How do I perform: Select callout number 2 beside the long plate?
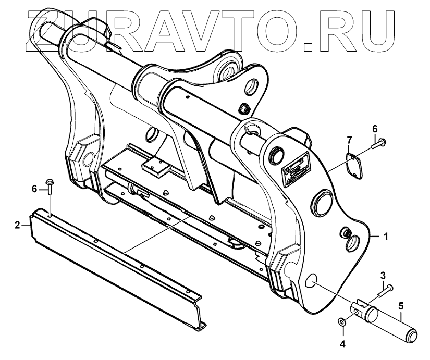pos(17,225)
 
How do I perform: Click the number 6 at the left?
pos(35,189)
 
